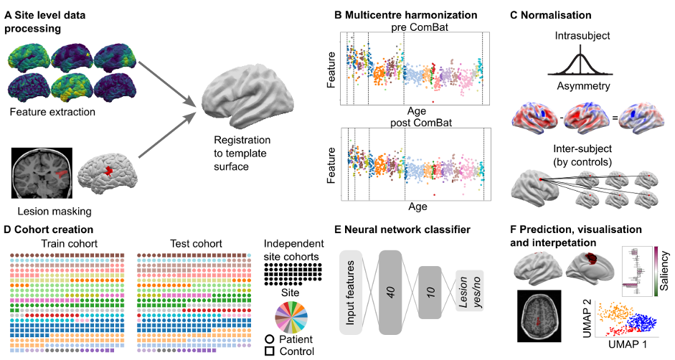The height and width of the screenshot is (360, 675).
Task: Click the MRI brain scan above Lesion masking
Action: (42, 174)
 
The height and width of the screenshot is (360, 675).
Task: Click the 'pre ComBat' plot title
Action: (417, 27)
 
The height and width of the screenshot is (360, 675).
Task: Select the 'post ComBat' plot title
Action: (418, 123)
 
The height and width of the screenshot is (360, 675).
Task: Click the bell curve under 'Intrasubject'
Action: (582, 62)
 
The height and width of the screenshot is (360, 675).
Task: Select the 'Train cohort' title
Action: (63, 242)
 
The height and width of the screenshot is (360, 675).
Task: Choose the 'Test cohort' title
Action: (192, 242)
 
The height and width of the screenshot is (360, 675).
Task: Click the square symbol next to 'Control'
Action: (270, 351)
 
